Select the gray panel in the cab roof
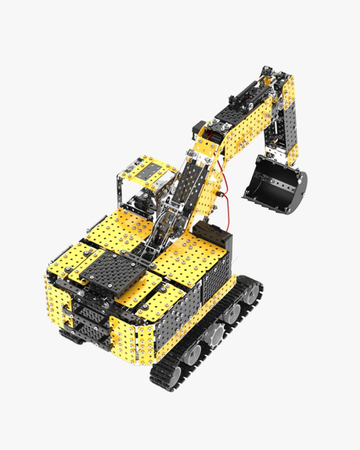coord(153,168)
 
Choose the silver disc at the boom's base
coord(164,226)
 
